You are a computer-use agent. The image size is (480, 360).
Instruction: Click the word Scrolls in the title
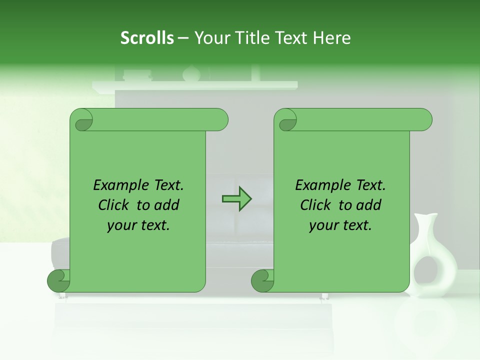click(147, 38)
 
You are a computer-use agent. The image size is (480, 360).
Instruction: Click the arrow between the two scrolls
click(236, 198)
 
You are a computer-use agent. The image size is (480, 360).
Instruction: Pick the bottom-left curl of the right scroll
click(262, 280)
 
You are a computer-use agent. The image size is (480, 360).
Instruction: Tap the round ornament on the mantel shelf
click(191, 74)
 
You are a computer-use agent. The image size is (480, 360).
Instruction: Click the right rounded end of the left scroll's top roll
click(220, 120)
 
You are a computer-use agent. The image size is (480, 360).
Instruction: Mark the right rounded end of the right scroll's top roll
click(424, 120)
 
